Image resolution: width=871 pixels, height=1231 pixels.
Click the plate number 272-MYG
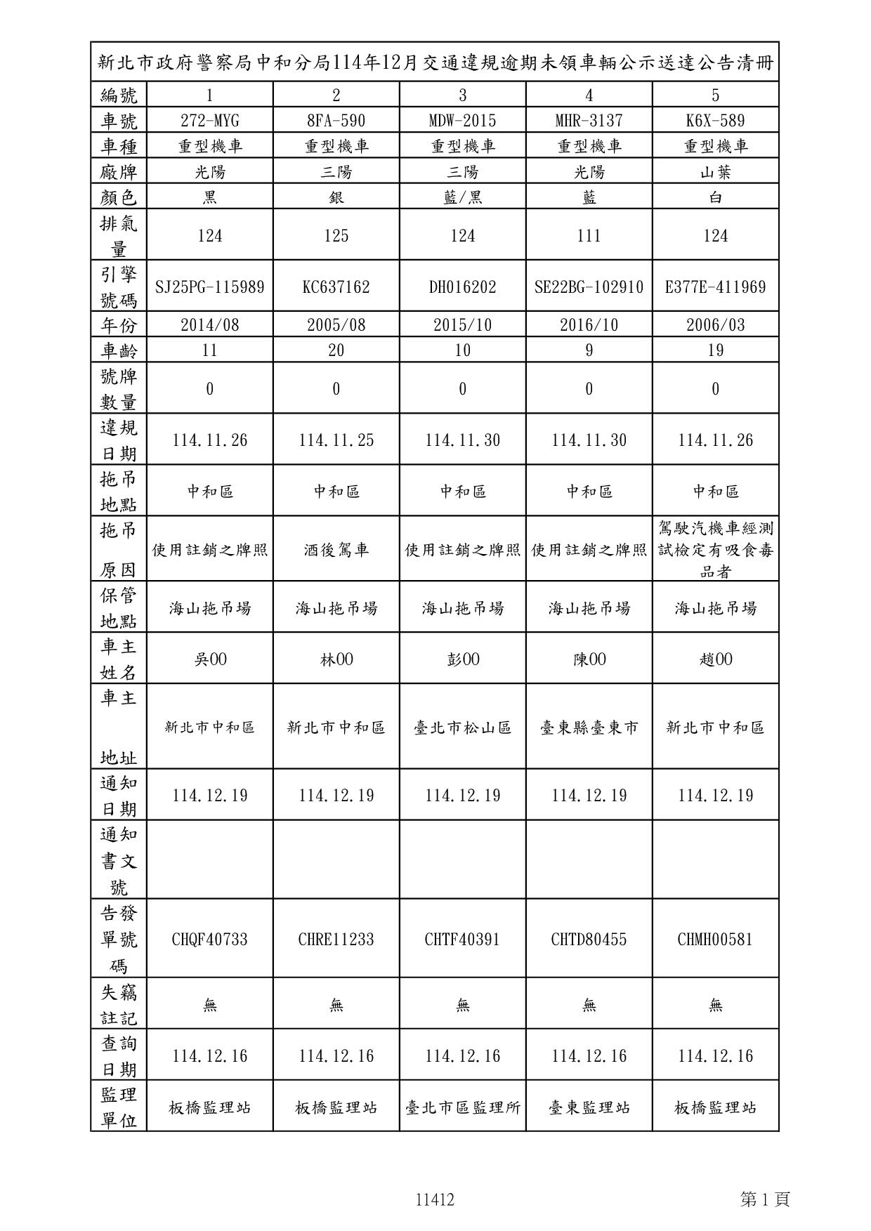(x=209, y=121)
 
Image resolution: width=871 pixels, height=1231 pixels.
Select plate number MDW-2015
(x=462, y=121)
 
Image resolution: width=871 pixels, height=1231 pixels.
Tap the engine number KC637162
(x=336, y=287)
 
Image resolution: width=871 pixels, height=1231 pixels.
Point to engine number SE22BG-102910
(x=589, y=287)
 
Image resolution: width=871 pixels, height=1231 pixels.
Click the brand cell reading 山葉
(x=715, y=172)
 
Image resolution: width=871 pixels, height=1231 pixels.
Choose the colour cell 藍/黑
(x=462, y=197)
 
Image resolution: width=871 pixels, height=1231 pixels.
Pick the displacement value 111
(x=589, y=235)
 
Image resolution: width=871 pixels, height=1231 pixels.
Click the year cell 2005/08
(x=336, y=325)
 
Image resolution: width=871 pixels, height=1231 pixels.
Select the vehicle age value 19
(x=715, y=350)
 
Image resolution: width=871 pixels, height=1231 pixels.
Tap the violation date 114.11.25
(x=336, y=440)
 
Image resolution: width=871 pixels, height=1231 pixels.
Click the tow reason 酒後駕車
(x=336, y=550)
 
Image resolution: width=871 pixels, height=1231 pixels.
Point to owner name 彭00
(x=462, y=659)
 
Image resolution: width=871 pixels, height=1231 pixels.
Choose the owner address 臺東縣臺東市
(x=589, y=728)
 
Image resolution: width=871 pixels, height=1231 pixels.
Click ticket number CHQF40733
(x=209, y=940)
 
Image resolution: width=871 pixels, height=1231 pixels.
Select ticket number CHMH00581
(x=715, y=940)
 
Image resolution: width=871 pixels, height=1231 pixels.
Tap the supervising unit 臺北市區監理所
(x=462, y=1107)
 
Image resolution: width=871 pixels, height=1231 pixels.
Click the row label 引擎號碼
(x=119, y=287)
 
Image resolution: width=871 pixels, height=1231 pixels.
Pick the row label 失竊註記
(x=119, y=1005)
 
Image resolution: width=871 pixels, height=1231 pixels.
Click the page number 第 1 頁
(x=765, y=1199)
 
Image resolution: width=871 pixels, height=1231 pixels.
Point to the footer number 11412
(x=435, y=1199)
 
